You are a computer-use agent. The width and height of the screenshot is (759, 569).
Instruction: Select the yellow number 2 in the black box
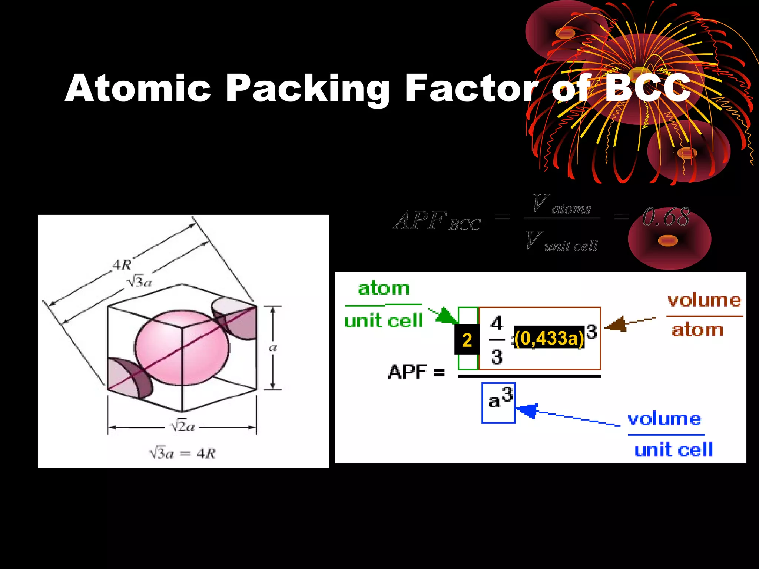point(467,340)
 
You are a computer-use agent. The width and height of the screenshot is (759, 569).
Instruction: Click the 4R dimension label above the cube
point(122,265)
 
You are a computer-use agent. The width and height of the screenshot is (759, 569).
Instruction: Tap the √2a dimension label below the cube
point(182,427)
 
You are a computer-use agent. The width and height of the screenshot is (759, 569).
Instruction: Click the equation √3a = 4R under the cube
point(182,453)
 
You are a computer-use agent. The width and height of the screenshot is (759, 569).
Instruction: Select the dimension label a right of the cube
point(272,347)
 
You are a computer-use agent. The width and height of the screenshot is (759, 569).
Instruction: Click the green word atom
point(384,289)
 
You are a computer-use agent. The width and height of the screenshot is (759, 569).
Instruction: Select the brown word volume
point(704,300)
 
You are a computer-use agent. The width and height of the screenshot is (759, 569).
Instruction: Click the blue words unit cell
point(673,450)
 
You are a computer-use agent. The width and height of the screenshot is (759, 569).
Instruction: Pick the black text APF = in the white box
point(416,372)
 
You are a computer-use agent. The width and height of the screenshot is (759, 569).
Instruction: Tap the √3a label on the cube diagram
point(139,282)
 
